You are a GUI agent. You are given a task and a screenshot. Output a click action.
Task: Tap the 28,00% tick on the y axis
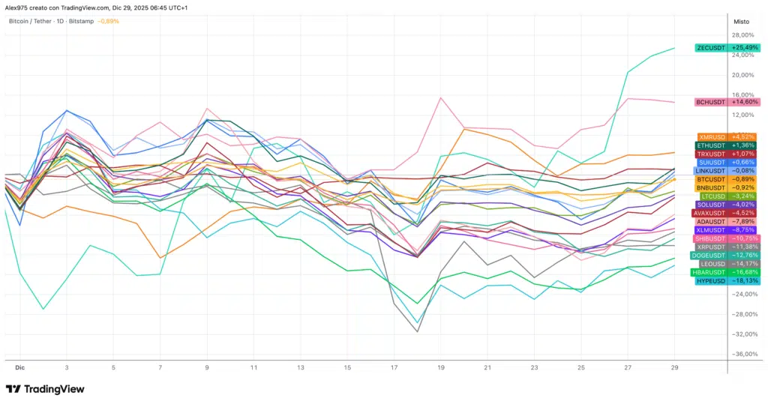tap(742, 35)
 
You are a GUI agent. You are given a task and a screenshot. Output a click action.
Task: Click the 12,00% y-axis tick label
tap(742, 115)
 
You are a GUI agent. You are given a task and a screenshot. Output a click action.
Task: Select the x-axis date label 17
tap(394, 368)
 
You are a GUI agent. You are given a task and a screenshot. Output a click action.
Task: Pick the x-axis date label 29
tap(675, 368)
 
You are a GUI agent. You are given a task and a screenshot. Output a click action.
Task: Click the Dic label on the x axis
tap(20, 368)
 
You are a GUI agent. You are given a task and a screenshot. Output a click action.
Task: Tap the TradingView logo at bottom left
tap(45, 389)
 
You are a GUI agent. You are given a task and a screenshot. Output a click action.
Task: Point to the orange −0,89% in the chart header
tap(108, 21)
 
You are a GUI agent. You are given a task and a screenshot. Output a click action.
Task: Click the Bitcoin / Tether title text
tap(30, 21)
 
